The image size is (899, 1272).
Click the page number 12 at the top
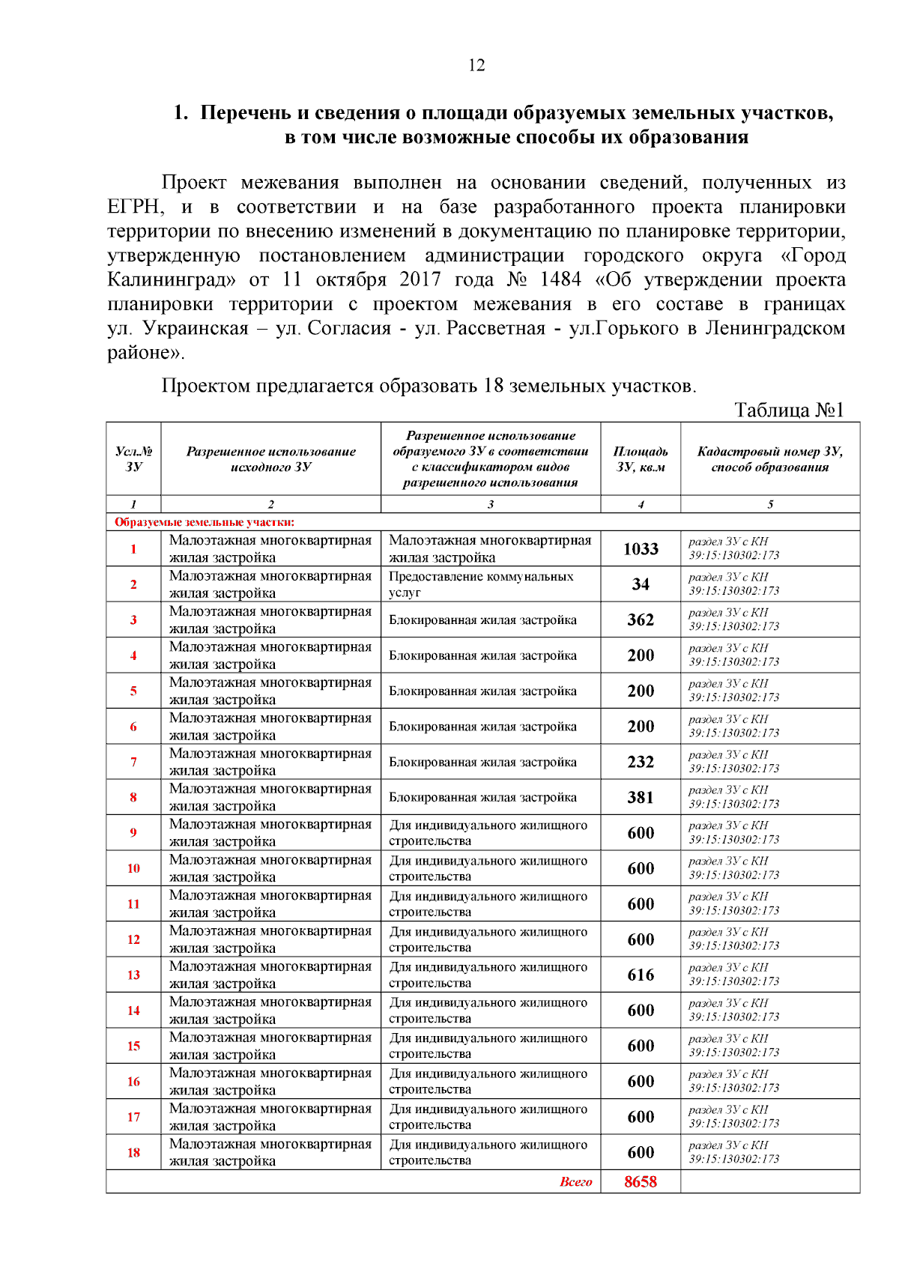coord(476,66)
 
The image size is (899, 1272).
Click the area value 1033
coord(641,549)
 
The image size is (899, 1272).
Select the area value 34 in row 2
coord(641,584)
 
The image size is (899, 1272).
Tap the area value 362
coord(641,620)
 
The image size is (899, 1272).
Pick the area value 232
coord(641,762)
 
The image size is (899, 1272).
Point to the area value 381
coord(641,798)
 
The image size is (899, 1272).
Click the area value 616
coord(641,975)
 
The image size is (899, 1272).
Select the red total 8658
coord(641,1182)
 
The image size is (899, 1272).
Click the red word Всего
coord(575,1182)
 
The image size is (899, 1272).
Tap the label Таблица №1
coord(789,411)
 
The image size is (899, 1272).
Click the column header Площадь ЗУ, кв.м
coord(641,459)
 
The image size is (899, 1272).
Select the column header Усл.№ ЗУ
coord(133,459)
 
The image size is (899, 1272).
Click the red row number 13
coord(133,975)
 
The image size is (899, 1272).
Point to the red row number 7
coord(133,763)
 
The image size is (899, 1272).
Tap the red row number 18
coord(133,1153)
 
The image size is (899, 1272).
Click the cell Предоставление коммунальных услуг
coord(481,584)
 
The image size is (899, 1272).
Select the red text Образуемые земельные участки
coord(204,522)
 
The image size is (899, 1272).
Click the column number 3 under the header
coord(491,504)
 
